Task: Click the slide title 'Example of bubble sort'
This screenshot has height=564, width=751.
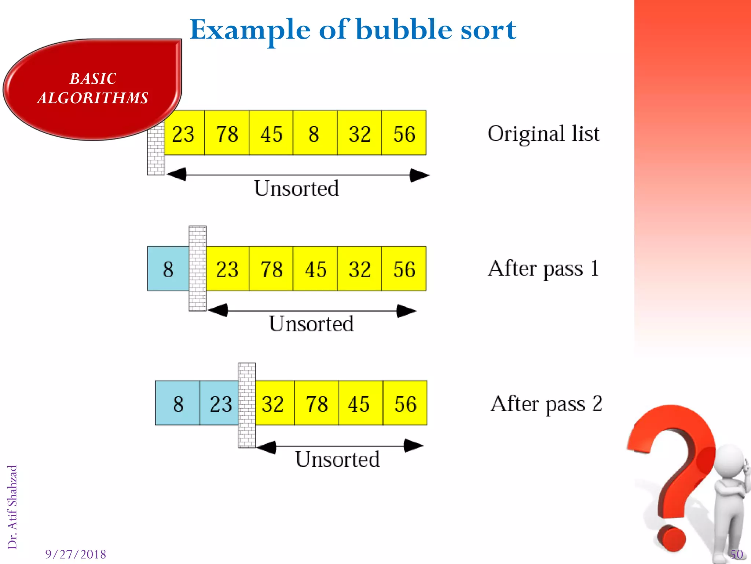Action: [x=353, y=29]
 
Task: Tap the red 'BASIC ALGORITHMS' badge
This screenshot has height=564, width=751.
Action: [x=92, y=88]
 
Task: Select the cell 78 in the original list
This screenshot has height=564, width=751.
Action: [x=227, y=133]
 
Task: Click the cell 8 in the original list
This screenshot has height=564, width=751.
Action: [x=315, y=133]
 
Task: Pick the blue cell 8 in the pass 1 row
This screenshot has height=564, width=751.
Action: [x=168, y=269]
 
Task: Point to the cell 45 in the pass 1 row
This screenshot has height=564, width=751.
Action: [x=315, y=269]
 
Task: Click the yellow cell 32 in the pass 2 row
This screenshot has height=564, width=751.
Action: [x=274, y=404]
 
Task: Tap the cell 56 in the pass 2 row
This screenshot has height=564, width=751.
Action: [x=405, y=404]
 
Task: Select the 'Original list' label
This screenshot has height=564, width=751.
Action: [x=543, y=133]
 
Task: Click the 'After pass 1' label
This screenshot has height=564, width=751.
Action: [x=543, y=268]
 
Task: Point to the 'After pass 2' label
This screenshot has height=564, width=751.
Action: [x=546, y=404]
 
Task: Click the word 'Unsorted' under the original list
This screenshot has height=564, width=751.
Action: [x=296, y=188]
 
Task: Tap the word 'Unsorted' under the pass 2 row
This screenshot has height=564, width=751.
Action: [x=337, y=459]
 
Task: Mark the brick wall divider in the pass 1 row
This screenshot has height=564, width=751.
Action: [x=198, y=268]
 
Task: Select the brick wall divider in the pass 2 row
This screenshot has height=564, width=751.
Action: [x=247, y=405]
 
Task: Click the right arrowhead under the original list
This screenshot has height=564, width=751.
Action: [x=420, y=175]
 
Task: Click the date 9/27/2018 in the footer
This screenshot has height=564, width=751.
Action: [x=76, y=554]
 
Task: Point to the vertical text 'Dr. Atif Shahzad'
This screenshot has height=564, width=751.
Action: [x=12, y=507]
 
